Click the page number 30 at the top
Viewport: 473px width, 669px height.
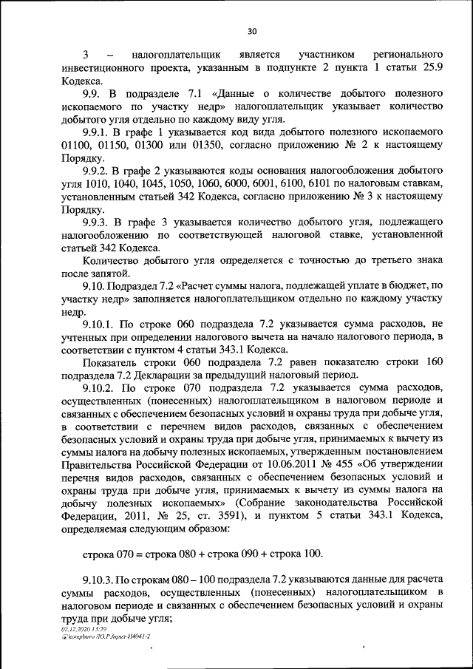[x=251, y=31]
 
